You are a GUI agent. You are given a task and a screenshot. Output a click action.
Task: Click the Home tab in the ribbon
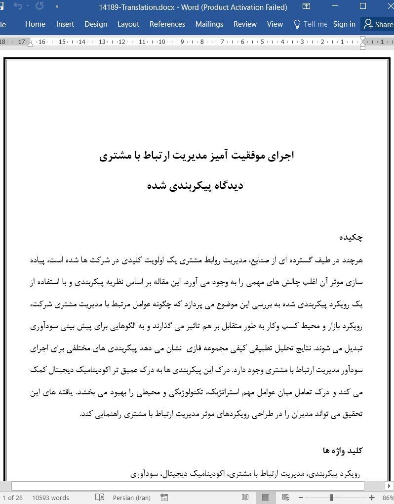35,24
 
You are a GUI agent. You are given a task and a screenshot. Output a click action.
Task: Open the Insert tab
65,24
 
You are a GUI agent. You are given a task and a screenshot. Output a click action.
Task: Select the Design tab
95,24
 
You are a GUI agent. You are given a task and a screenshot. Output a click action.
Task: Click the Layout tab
128,24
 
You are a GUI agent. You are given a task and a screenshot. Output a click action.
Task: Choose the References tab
167,24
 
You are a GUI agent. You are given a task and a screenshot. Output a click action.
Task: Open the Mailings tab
209,24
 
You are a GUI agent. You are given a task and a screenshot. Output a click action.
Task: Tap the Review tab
245,24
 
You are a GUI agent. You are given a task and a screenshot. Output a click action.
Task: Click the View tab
275,24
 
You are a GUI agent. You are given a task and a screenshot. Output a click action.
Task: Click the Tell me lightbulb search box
310,24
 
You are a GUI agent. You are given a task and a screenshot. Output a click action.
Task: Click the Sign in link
344,24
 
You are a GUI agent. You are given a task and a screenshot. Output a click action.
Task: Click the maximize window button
363,6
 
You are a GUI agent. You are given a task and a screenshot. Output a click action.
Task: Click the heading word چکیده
351,237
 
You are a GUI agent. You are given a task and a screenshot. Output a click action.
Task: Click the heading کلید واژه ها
343,450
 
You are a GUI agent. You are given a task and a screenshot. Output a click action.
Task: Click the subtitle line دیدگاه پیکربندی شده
195,185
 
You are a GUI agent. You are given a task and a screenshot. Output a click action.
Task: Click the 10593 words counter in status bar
50,498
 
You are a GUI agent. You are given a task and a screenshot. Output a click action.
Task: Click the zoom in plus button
372,498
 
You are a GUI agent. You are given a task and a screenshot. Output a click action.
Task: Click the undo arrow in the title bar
18,6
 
